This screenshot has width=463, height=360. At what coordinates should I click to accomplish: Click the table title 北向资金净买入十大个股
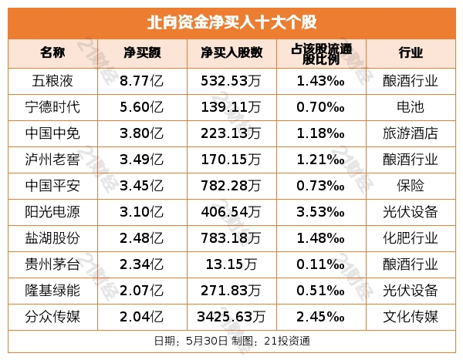(x=231, y=21)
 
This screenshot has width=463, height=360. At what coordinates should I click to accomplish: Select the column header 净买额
(x=143, y=53)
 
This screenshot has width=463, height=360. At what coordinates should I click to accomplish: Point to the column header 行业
(x=411, y=53)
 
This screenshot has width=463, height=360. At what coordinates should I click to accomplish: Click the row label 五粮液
(x=52, y=80)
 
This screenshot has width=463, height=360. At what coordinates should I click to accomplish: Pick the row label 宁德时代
(x=52, y=106)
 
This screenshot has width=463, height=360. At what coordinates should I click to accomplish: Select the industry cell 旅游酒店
(x=411, y=133)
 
